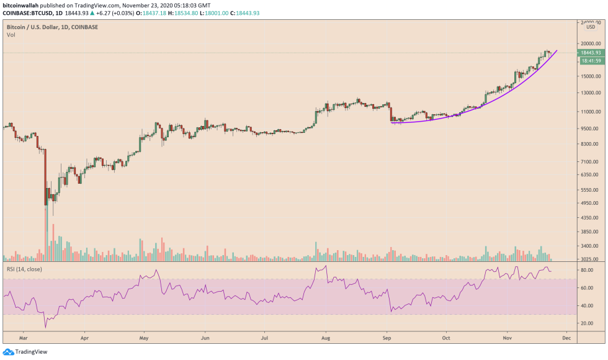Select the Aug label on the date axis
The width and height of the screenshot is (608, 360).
pos(325,340)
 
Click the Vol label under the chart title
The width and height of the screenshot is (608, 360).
pos(11,35)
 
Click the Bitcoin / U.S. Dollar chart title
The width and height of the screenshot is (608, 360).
pos(43,27)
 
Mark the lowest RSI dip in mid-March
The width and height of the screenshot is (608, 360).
pos(45,327)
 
